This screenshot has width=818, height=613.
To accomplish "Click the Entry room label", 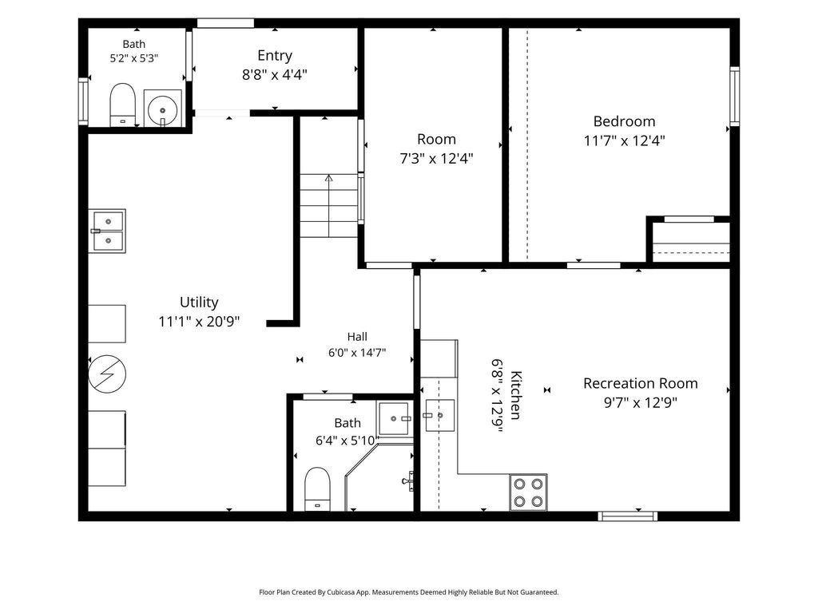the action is (275, 55).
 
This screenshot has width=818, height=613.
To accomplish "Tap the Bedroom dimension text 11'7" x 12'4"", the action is (624, 140).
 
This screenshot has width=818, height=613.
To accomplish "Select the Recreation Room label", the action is (640, 384).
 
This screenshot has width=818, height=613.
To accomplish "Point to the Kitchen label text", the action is (515, 394).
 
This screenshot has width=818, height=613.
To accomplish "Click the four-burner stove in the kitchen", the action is (528, 492).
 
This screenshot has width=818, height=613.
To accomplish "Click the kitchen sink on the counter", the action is (440, 415).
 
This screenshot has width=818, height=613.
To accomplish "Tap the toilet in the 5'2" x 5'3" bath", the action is (122, 105).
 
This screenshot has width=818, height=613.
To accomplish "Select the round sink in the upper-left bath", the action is (162, 109).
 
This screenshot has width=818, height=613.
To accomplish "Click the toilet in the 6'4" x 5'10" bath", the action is (317, 489).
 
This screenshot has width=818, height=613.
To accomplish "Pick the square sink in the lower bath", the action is (394, 418).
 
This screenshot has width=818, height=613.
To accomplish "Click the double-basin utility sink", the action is (107, 231).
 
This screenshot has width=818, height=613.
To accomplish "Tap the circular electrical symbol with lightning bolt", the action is (107, 374).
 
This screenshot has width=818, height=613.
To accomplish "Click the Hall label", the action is (357, 337).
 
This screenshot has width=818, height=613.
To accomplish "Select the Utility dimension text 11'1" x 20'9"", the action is (199, 322).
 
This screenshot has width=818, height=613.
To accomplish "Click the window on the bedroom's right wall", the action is (735, 96).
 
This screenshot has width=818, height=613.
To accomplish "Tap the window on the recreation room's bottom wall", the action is (627, 516).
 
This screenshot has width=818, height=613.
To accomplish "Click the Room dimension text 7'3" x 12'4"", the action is (436, 159).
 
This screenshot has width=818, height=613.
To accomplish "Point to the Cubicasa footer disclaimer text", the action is (408, 592).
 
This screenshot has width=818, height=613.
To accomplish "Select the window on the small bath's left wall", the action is (83, 101).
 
